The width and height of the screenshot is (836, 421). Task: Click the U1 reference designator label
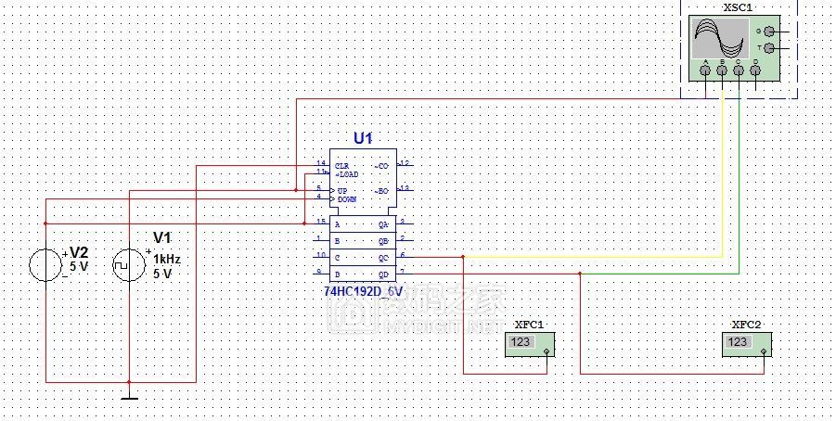pyautogui.click(x=363, y=138)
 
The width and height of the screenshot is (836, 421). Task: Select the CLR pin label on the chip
pyautogui.click(x=342, y=165)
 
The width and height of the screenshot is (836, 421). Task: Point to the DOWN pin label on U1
pyautogui.click(x=346, y=199)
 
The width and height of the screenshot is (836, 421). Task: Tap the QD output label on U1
pyautogui.click(x=383, y=274)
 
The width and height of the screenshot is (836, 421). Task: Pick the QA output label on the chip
pyautogui.click(x=383, y=224)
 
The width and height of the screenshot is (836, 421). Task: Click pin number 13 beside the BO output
pyautogui.click(x=405, y=188)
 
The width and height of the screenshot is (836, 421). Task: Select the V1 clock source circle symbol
pyautogui.click(x=129, y=264)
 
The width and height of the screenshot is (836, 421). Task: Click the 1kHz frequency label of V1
pyautogui.click(x=167, y=260)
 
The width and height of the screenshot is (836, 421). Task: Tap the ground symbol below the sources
pyautogui.click(x=129, y=397)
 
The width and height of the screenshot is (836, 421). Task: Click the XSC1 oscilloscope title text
pyautogui.click(x=738, y=6)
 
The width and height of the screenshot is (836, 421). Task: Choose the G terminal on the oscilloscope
pyautogui.click(x=768, y=31)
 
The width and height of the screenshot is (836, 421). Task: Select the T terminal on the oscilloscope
pyautogui.click(x=768, y=48)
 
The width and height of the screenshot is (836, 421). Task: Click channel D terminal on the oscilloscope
pyautogui.click(x=755, y=70)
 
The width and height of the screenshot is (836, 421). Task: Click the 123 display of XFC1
pyautogui.click(x=521, y=343)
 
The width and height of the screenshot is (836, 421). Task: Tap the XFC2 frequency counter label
pyautogui.click(x=746, y=325)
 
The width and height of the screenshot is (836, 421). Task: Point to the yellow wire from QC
pyautogui.click(x=594, y=256)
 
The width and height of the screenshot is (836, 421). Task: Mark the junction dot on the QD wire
pyautogui.click(x=580, y=274)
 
